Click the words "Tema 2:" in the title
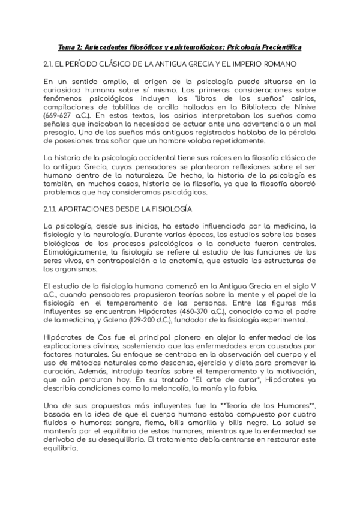[x=68, y=47]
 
